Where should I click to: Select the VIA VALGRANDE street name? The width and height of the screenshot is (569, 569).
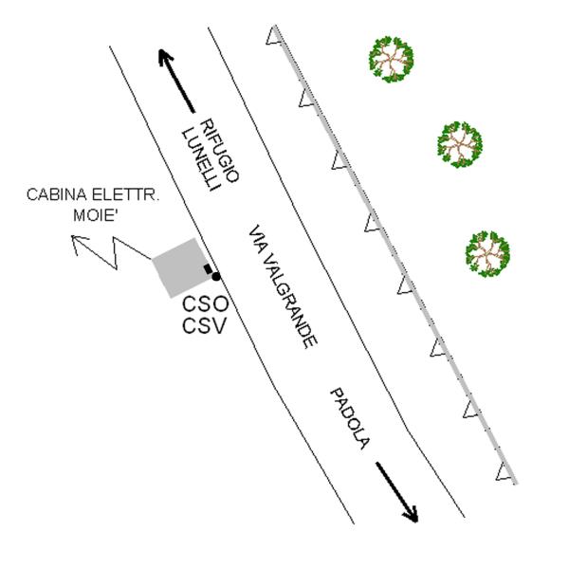(x=281, y=288)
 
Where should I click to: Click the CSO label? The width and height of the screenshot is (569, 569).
(x=204, y=306)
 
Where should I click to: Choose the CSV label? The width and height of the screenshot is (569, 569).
(x=204, y=327)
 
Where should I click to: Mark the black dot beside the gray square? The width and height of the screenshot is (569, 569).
(x=215, y=276)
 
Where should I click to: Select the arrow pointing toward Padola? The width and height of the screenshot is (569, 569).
(x=396, y=491)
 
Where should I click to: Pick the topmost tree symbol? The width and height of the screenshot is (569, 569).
(x=391, y=59)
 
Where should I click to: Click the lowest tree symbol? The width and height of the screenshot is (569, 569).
(x=488, y=253)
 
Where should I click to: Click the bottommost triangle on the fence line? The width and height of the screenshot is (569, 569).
(x=503, y=472)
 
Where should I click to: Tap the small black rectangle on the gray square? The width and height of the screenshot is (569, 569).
(x=208, y=269)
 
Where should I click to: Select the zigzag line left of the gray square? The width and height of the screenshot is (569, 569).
(x=119, y=251)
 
